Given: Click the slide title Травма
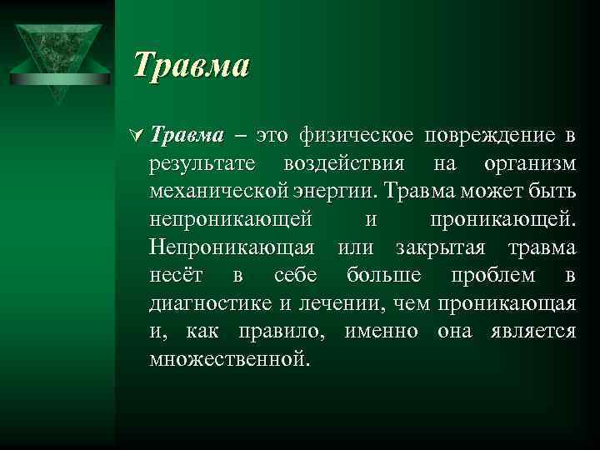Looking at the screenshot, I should (192, 65).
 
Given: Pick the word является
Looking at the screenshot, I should (530, 332).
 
